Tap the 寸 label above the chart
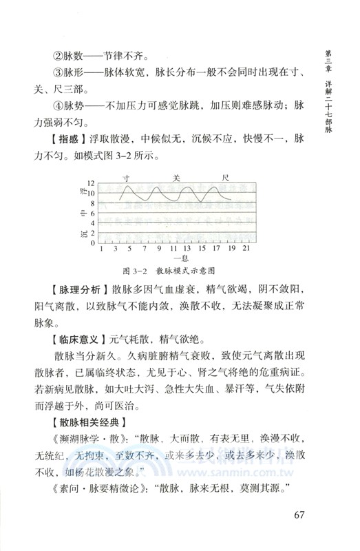pos(127,178)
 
